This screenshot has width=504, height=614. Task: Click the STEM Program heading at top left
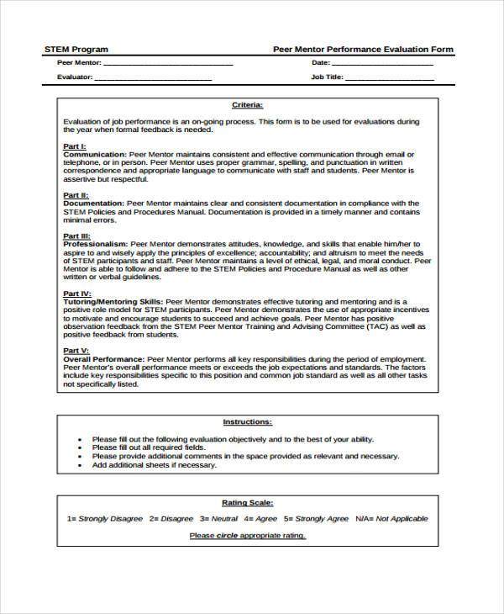(76, 50)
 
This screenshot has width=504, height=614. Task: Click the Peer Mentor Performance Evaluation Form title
(363, 50)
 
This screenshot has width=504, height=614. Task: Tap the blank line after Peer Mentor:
(168, 64)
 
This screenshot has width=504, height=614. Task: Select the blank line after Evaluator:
(153, 78)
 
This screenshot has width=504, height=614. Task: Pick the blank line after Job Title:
(390, 78)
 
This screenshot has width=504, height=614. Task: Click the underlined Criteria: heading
(247, 105)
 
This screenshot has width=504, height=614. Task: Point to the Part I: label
(75, 146)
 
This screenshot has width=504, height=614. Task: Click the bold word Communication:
(95, 155)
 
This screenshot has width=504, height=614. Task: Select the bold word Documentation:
(94, 203)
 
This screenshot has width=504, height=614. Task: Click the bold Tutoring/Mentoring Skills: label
(113, 300)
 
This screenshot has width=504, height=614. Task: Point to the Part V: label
(76, 350)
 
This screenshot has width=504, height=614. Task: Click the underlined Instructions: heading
(247, 421)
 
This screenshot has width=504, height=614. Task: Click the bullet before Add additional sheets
(80, 464)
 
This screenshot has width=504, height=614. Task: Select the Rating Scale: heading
(247, 502)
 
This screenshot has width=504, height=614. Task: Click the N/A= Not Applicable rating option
(391, 519)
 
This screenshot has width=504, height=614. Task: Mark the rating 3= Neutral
(220, 519)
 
